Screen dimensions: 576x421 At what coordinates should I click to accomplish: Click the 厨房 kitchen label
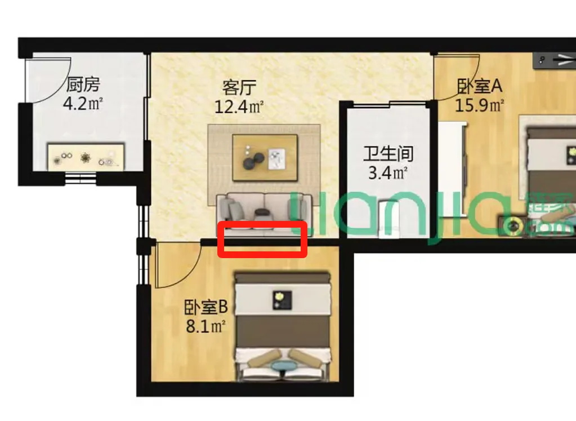[83, 84]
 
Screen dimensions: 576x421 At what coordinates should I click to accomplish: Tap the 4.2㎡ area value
[83, 104]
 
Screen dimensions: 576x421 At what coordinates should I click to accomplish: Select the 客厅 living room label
[239, 87]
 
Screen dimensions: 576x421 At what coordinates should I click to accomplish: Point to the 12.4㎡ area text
[239, 107]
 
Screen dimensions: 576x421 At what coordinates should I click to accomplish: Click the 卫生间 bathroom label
[389, 153]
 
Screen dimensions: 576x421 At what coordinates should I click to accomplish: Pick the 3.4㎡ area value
[389, 173]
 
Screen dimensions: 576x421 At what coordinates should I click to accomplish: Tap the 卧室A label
[480, 86]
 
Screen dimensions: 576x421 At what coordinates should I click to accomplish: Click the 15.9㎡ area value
[479, 105]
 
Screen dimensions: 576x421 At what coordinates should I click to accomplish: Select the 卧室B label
[206, 307]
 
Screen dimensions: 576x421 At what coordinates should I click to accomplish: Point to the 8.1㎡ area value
[206, 326]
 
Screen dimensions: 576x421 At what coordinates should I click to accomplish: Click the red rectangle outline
[262, 223]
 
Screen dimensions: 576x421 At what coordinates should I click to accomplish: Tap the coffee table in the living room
[265, 158]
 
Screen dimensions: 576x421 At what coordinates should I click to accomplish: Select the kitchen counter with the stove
[86, 157]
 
